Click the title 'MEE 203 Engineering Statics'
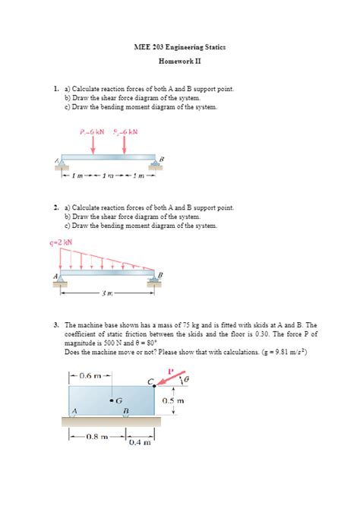179,48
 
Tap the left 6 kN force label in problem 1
92,131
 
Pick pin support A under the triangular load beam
61,281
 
